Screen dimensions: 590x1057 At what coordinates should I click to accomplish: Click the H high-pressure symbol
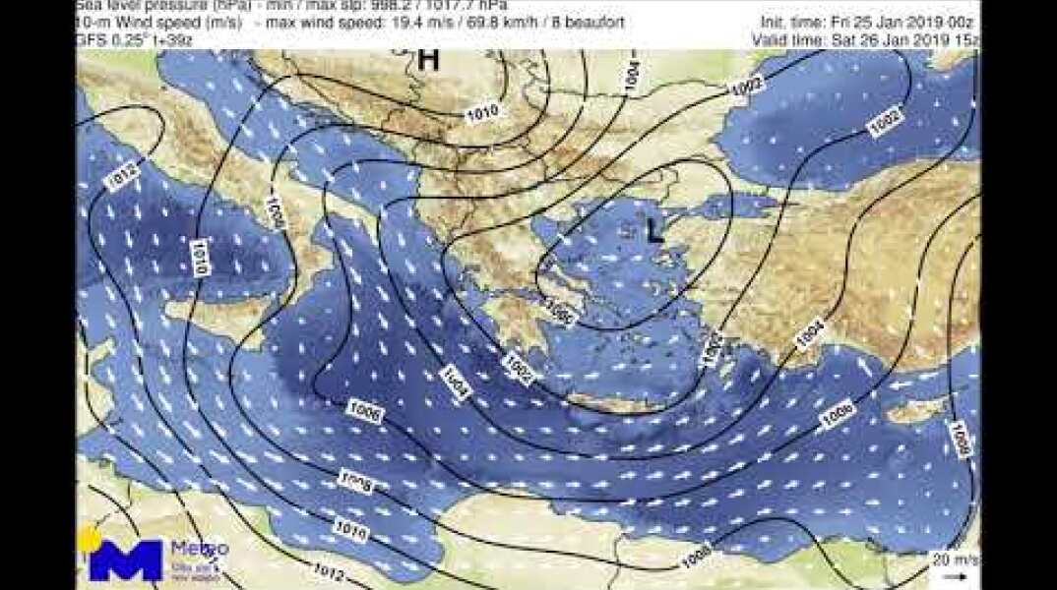click(x=428, y=60)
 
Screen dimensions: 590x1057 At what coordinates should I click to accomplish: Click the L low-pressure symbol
click(x=653, y=231)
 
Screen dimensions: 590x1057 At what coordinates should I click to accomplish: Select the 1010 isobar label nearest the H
click(x=482, y=113)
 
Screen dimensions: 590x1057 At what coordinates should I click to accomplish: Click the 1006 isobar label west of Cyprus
click(x=838, y=414)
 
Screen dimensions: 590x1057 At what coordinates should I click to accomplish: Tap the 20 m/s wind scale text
click(x=953, y=560)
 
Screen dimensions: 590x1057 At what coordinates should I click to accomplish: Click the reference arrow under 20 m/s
click(x=954, y=574)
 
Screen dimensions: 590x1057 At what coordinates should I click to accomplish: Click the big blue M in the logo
click(x=125, y=560)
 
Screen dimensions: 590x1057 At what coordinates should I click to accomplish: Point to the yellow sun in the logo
click(x=89, y=539)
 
